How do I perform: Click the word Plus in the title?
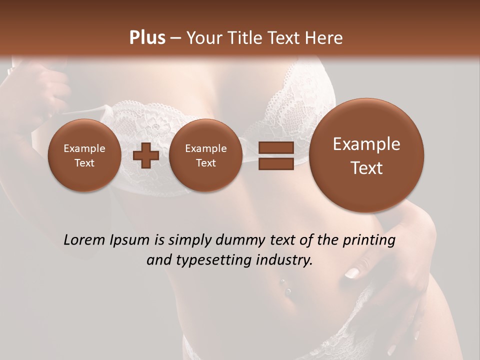point(147,38)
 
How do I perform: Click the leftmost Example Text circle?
point(84,155)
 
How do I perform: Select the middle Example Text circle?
point(206,155)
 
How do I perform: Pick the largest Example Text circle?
point(366,155)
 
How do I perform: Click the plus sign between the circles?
point(146,155)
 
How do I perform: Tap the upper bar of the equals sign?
point(276,147)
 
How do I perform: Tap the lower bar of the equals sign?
point(276,164)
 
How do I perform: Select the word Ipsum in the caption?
point(131,240)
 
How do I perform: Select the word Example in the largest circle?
point(366,144)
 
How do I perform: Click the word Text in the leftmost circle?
point(84,163)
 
